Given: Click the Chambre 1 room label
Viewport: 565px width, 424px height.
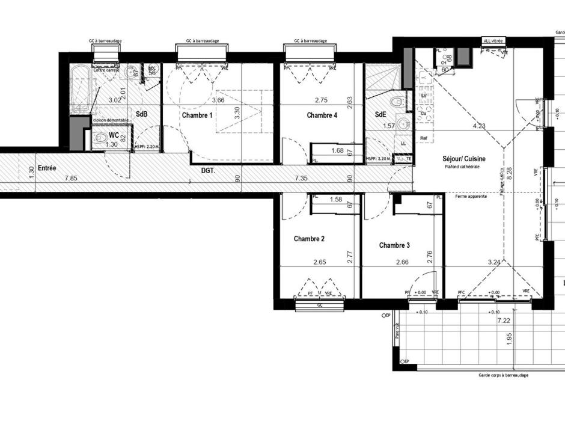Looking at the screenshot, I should point(198,115).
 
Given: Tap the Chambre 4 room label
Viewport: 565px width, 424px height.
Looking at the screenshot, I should point(322,115).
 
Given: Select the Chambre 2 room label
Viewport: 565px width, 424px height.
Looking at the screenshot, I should point(309,239).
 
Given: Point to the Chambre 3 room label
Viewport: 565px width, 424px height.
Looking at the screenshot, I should point(394,245).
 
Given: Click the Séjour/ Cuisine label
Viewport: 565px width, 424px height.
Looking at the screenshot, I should point(464,159).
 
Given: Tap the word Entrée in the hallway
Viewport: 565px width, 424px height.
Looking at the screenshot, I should point(47,168).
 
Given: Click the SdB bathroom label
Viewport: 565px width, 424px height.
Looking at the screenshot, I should point(142,114).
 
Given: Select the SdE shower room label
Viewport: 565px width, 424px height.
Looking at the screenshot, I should point(380,115).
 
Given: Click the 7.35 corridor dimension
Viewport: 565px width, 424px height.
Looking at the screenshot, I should point(301,178).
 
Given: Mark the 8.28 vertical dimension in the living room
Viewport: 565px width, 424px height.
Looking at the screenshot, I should point(510,171).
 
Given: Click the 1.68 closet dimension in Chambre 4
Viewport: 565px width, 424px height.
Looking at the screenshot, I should point(337,151).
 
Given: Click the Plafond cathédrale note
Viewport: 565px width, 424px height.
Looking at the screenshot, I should point(462,167).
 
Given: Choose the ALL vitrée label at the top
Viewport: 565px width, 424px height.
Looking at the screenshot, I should point(493,41).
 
